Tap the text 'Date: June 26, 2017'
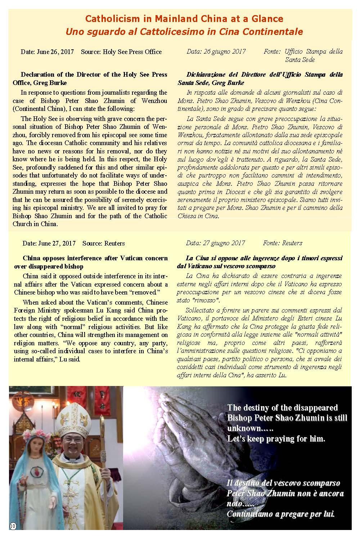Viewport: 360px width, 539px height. (47, 52)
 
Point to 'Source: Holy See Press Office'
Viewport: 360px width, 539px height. (121, 52)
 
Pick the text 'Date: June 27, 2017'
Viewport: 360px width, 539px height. (49, 243)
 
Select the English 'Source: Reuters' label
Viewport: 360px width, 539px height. (104, 243)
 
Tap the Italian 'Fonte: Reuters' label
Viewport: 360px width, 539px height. (283, 243)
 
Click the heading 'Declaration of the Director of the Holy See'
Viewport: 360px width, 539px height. (94, 75)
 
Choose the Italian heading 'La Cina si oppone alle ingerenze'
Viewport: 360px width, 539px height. (259, 258)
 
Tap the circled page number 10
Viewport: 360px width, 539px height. (13, 526)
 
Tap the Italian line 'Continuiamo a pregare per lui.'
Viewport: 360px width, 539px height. (281, 514)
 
